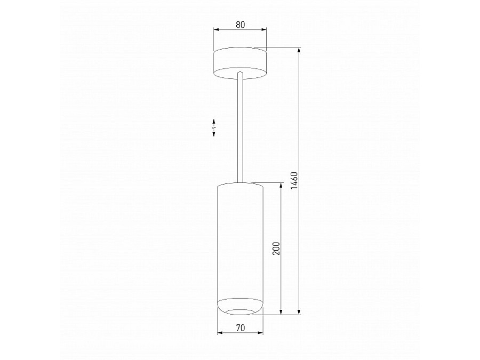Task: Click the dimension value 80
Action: [240, 24]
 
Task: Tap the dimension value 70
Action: [240, 327]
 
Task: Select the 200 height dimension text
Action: [276, 248]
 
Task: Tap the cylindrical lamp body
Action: [240, 240]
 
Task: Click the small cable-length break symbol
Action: [214, 128]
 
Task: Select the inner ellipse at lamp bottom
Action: [240, 310]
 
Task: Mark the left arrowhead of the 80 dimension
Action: [215, 30]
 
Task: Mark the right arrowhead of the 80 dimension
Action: [265, 30]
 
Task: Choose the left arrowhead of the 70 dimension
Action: [219, 333]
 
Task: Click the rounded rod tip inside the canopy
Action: [240, 73]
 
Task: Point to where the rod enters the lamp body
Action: [240, 183]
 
